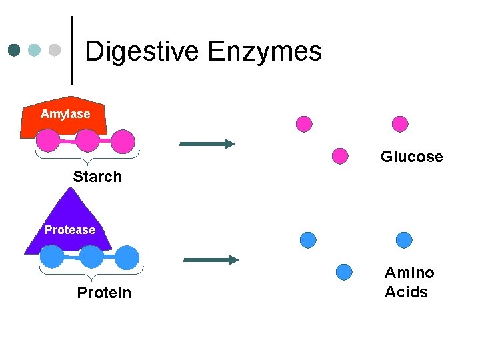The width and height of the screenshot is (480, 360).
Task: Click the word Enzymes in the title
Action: tap(265, 51)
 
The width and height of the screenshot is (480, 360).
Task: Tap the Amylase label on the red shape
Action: tap(65, 114)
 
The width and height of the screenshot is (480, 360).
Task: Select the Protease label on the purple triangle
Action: tap(69, 230)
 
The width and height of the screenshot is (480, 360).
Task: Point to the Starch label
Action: tap(97, 177)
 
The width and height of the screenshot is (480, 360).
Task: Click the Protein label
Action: tap(104, 293)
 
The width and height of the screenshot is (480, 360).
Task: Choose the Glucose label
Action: tap(411, 157)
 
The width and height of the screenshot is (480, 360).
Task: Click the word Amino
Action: tap(409, 273)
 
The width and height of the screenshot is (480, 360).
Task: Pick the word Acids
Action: tap(406, 292)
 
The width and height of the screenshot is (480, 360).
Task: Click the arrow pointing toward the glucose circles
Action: tap(207, 143)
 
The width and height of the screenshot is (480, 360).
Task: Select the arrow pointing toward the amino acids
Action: tap(211, 259)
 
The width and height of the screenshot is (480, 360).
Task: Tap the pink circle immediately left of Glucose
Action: tap(340, 156)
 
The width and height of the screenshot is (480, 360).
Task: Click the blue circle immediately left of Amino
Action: tap(344, 272)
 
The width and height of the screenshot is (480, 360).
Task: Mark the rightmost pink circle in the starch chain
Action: tap(123, 141)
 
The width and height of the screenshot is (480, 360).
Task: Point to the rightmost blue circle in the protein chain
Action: tap(127, 257)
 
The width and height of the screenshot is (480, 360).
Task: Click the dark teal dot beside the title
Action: tap(15, 50)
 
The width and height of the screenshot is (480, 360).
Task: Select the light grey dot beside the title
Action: tap(55, 50)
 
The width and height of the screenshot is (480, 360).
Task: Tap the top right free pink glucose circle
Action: tap(400, 123)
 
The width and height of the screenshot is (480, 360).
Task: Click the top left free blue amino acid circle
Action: tap(307, 239)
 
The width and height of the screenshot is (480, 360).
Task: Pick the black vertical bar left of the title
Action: tap(72, 50)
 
